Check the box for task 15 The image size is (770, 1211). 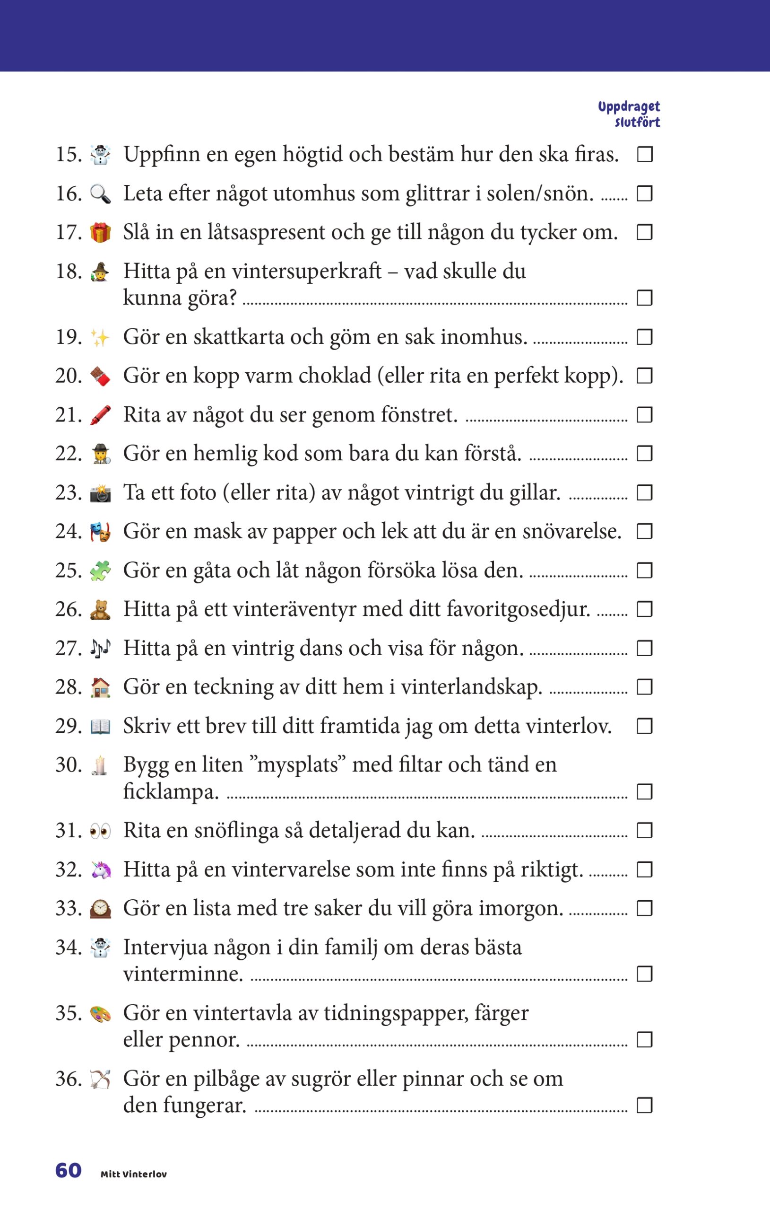(x=645, y=154)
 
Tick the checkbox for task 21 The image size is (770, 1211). (x=645, y=415)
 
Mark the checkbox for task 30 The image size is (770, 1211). (x=645, y=791)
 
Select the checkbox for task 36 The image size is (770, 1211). (x=645, y=1106)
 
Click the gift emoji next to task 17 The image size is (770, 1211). (x=101, y=232)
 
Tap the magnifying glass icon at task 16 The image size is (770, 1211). (x=101, y=193)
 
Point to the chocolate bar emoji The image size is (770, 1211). (x=101, y=376)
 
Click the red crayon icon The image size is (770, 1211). (x=101, y=415)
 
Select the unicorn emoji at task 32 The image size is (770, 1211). (x=101, y=869)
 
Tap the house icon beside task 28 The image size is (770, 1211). (x=101, y=687)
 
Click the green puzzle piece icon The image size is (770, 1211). (x=101, y=571)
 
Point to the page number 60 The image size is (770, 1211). (x=69, y=1170)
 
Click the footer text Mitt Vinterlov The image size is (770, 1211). (x=134, y=1174)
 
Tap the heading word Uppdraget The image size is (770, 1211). (x=629, y=106)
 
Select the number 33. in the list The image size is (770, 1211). (x=69, y=908)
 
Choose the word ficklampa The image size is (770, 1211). (x=171, y=792)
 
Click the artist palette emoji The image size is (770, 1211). (x=101, y=1013)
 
